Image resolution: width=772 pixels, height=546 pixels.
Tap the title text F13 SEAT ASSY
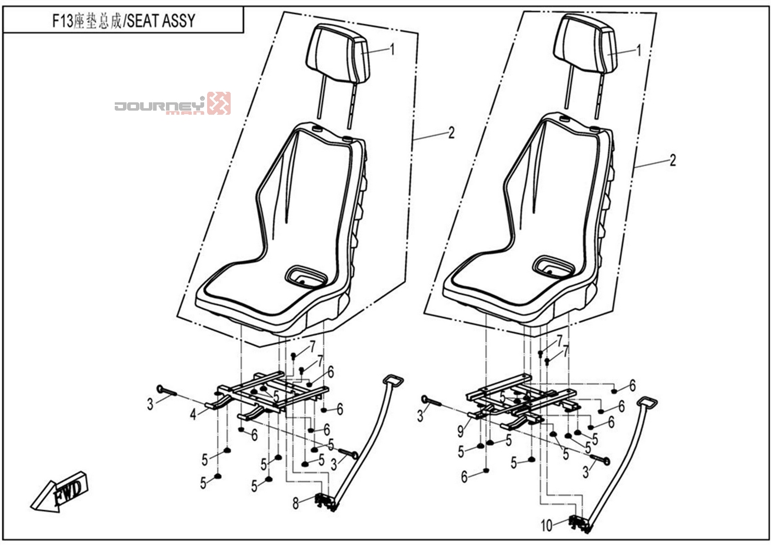123,22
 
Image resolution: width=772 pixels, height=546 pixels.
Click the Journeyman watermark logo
172,104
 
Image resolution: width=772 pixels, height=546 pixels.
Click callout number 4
192,415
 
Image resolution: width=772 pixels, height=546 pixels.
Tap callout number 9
460,431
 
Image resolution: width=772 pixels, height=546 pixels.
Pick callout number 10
547,525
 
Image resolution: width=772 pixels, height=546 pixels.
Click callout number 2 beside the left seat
451,133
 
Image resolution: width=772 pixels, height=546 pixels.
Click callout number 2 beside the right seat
673,160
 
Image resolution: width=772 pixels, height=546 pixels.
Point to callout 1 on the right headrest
638,51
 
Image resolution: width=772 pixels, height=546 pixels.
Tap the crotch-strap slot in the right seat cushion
554,267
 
